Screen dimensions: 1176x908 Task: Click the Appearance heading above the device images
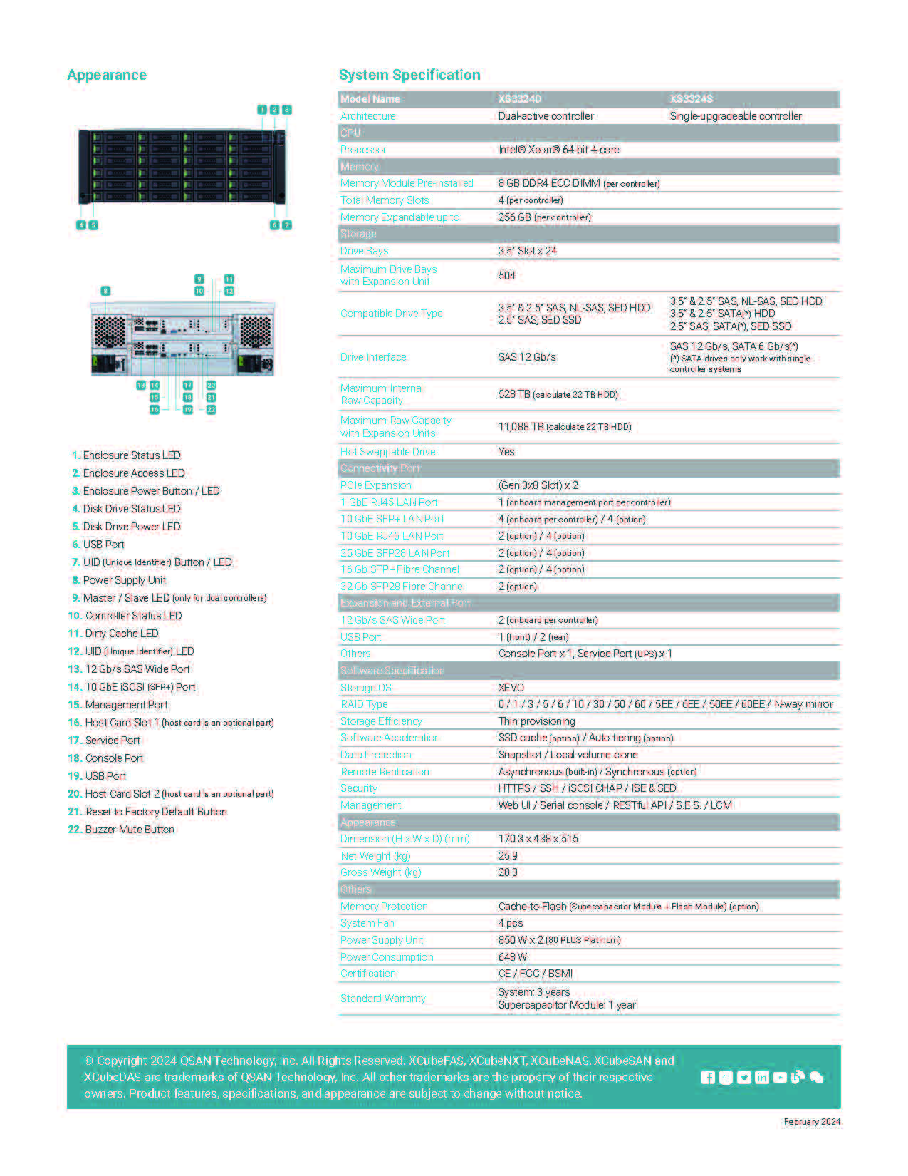pyautogui.click(x=107, y=75)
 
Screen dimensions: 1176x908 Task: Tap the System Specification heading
pyautogui.click(x=409, y=75)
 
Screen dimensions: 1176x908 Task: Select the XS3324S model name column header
pyautogui.click(x=691, y=99)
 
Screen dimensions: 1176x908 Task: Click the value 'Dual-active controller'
pyautogui.click(x=546, y=116)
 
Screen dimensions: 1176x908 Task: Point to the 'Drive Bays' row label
pyautogui.click(x=364, y=251)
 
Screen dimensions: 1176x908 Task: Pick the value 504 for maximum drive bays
pyautogui.click(x=506, y=275)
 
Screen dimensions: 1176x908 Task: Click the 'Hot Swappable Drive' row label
pyautogui.click(x=387, y=452)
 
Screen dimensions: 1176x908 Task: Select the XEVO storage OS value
pyautogui.click(x=511, y=688)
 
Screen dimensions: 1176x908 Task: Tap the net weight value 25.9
pyautogui.click(x=508, y=856)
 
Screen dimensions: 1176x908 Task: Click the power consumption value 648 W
pyautogui.click(x=512, y=957)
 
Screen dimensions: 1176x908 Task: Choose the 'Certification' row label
pyautogui.click(x=367, y=974)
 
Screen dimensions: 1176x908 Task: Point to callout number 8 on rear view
pyautogui.click(x=105, y=291)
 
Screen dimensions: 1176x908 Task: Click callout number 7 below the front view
pyautogui.click(x=287, y=225)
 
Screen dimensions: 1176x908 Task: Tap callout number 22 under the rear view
pyautogui.click(x=212, y=410)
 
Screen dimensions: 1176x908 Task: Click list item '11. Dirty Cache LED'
pyautogui.click(x=113, y=634)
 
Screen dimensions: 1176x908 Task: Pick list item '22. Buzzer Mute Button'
pyautogui.click(x=121, y=830)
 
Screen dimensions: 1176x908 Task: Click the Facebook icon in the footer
pyautogui.click(x=707, y=1078)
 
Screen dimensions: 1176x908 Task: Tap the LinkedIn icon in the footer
pyautogui.click(x=761, y=1078)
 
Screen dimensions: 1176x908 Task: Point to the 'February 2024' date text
pyautogui.click(x=812, y=1122)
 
